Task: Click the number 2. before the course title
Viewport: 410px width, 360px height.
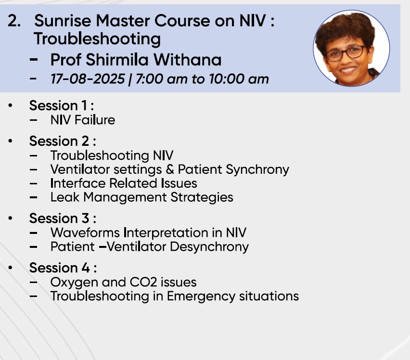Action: (14, 21)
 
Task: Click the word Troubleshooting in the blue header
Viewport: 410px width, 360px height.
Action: (97, 39)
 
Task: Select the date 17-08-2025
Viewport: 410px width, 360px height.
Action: (88, 79)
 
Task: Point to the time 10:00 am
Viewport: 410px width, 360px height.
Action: (239, 79)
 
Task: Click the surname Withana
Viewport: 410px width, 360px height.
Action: (187, 60)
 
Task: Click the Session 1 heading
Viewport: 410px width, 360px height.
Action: (62, 105)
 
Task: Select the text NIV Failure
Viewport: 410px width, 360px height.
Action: (83, 120)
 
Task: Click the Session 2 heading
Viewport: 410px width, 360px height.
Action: (63, 141)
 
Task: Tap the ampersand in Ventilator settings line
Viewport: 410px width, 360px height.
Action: (170, 169)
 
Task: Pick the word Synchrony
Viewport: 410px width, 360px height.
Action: (257, 170)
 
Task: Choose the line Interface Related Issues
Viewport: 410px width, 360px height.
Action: (124, 183)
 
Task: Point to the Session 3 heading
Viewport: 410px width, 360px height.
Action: (63, 219)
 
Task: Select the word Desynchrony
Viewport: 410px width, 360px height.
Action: (209, 247)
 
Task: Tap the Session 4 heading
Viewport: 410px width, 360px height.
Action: (63, 268)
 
